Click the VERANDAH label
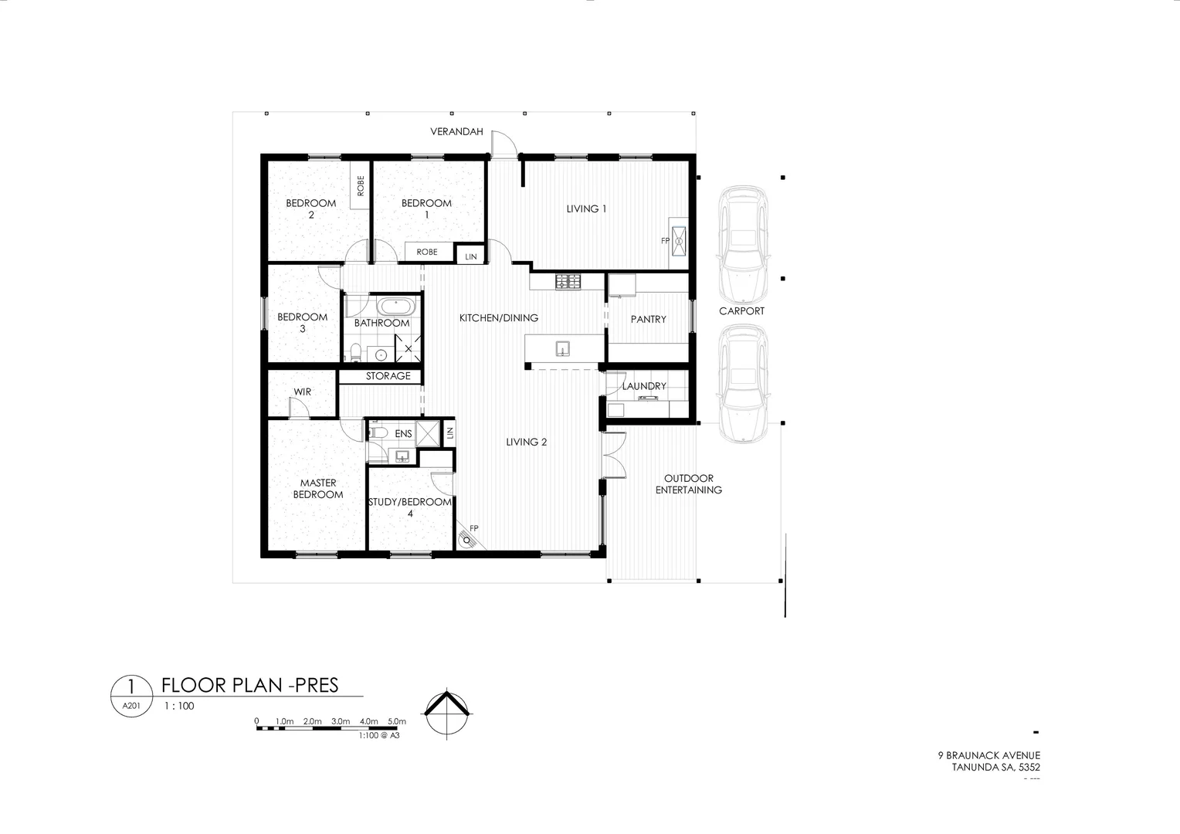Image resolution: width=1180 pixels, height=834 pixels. (x=456, y=132)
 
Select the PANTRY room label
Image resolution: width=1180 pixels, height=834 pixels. (x=648, y=319)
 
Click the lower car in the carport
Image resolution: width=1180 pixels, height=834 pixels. (x=742, y=383)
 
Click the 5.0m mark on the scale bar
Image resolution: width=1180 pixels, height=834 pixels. (x=396, y=721)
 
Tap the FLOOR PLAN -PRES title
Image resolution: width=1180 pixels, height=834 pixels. (x=249, y=686)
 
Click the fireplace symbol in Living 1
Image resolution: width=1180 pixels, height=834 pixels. (x=679, y=241)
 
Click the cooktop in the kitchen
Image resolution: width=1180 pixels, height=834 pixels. (x=568, y=283)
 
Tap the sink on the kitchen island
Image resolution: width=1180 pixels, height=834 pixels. (x=563, y=349)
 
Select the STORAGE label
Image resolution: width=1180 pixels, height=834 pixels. (x=388, y=376)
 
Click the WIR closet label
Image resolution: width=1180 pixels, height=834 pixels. (x=302, y=392)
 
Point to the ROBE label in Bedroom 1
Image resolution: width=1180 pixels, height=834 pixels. (x=427, y=252)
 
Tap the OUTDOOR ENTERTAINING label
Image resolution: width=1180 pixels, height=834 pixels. (x=688, y=484)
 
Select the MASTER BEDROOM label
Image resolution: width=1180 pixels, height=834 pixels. (x=317, y=489)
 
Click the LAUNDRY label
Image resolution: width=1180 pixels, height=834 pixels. (x=644, y=386)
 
